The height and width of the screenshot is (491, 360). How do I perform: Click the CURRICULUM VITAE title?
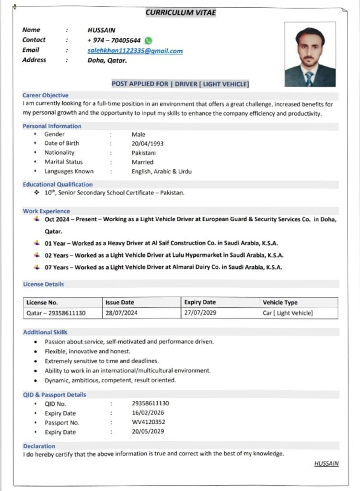pyautogui.click(x=181, y=12)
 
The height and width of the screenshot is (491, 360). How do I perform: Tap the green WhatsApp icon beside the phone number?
pyautogui.click(x=148, y=41)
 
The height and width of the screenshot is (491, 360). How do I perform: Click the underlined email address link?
pyautogui.click(x=135, y=51)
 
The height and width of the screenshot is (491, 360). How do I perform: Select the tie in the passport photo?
pyautogui.click(x=309, y=77)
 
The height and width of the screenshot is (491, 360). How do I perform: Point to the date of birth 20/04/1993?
pyautogui.click(x=147, y=143)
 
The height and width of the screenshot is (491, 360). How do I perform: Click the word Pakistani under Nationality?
pyautogui.click(x=144, y=153)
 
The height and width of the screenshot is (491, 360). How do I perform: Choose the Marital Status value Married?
pyautogui.click(x=142, y=162)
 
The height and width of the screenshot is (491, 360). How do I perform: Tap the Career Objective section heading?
pyautogui.click(x=46, y=95)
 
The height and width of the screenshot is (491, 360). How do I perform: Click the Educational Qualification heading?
pyautogui.click(x=58, y=184)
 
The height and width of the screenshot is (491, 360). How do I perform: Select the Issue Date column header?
pyautogui.click(x=120, y=303)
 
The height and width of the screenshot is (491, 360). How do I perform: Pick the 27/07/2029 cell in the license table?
pyautogui.click(x=200, y=313)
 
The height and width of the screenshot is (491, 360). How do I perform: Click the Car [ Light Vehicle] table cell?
pyautogui.click(x=288, y=313)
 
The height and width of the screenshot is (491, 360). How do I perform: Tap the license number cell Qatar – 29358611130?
pyautogui.click(x=56, y=313)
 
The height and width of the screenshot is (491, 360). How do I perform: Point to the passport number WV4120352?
pyautogui.click(x=149, y=422)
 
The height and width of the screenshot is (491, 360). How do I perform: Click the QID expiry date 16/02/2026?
pyautogui.click(x=148, y=413)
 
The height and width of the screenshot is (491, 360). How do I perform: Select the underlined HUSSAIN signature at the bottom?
pyautogui.click(x=326, y=464)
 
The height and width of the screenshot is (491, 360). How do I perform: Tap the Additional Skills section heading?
pyautogui.click(x=45, y=332)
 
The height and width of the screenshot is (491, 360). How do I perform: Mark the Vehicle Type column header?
pyautogui.click(x=280, y=303)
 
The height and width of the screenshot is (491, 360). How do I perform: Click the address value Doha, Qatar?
pyautogui.click(x=107, y=60)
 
